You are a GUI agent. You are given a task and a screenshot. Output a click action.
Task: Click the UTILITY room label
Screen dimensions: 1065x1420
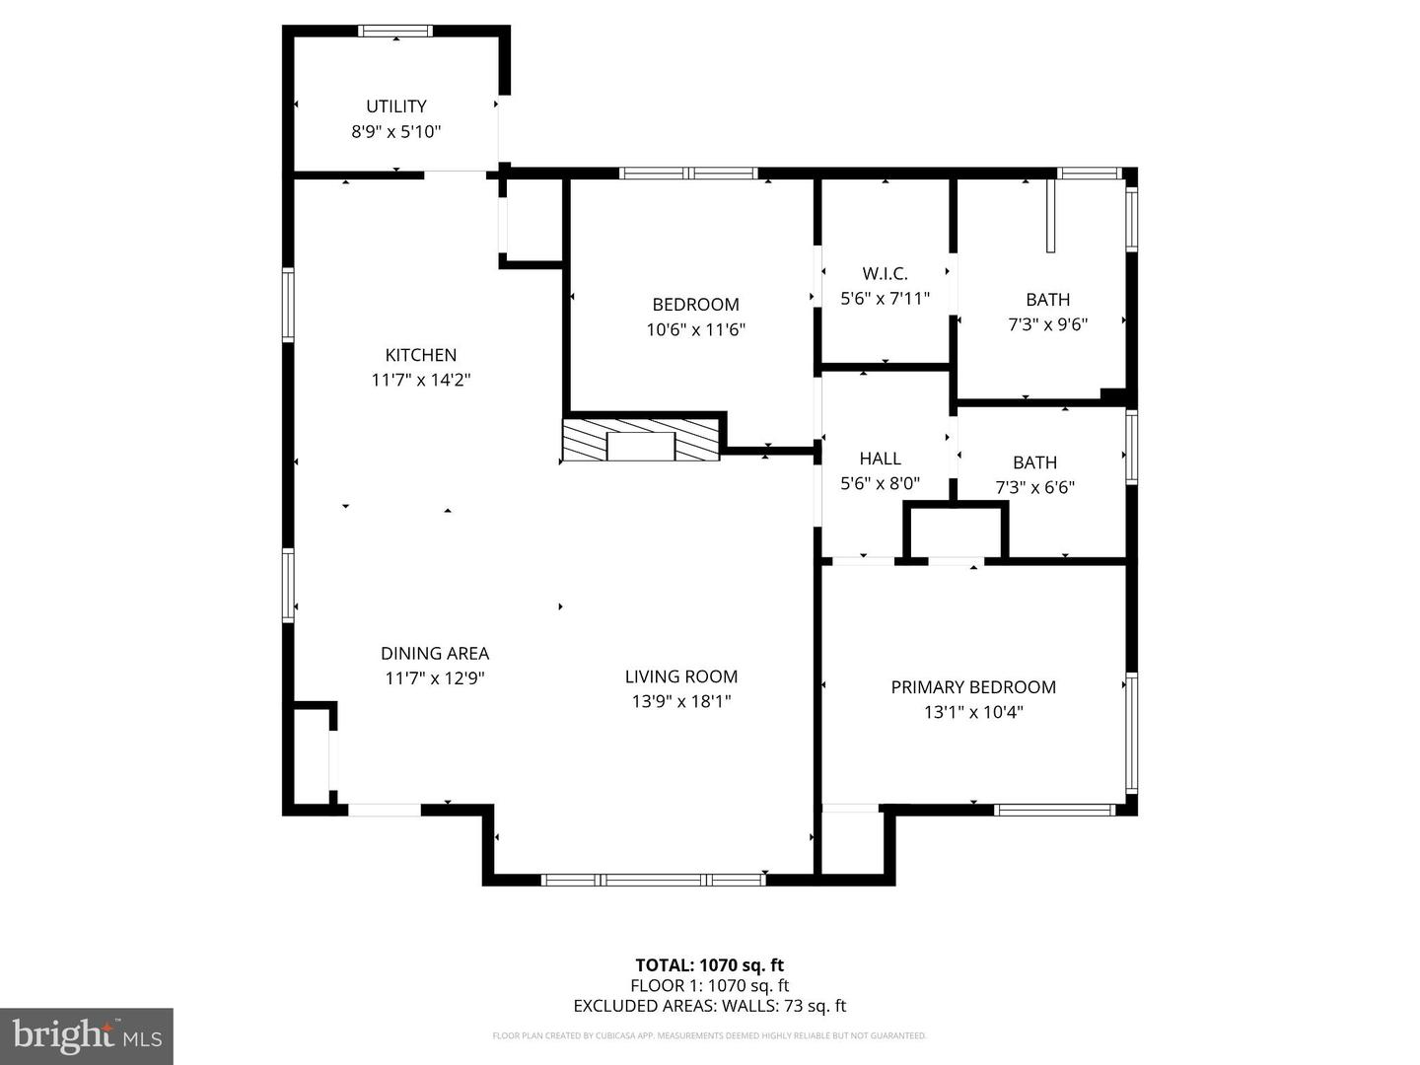click(x=396, y=106)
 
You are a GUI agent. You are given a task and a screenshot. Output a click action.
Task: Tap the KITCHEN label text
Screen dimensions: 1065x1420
click(x=421, y=355)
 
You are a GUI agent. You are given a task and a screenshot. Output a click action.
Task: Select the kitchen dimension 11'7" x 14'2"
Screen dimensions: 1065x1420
click(x=421, y=380)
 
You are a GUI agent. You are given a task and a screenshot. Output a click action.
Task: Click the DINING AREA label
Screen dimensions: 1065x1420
click(x=435, y=653)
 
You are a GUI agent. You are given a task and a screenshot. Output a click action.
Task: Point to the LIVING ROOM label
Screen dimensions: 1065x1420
click(x=681, y=676)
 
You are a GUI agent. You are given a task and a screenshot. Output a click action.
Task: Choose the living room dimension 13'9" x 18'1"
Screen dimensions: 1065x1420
click(x=681, y=701)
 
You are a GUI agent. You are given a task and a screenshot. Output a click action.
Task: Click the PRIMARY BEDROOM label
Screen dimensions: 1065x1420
click(x=973, y=687)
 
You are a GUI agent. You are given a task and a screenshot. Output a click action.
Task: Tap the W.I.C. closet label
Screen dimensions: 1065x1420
click(x=885, y=273)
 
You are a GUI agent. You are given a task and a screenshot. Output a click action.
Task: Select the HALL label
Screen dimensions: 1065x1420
click(x=880, y=459)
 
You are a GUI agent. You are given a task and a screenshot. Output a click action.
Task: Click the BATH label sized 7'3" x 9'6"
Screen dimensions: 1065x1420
click(x=1047, y=300)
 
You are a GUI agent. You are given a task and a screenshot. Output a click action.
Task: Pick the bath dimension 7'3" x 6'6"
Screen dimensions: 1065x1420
click(x=1034, y=487)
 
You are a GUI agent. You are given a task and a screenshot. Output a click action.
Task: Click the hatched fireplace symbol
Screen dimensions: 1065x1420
click(x=641, y=440)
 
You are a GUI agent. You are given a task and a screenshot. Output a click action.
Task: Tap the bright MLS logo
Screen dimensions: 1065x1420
click(x=87, y=1035)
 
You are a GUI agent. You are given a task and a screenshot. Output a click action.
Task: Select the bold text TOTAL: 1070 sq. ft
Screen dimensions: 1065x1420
click(x=709, y=965)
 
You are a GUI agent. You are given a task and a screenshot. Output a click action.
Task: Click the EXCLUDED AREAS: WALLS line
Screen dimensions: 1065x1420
click(x=709, y=1006)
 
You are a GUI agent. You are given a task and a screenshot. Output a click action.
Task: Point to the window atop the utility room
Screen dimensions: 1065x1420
click(x=395, y=31)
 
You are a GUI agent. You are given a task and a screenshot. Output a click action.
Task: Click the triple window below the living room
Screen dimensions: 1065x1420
click(x=654, y=879)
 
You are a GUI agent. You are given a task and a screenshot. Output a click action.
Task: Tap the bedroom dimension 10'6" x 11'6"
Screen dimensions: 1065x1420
click(x=695, y=329)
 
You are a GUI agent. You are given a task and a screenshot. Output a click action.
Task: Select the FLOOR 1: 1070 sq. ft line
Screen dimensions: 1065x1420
click(x=709, y=985)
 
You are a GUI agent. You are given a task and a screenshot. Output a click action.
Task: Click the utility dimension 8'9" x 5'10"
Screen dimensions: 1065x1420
click(x=396, y=131)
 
